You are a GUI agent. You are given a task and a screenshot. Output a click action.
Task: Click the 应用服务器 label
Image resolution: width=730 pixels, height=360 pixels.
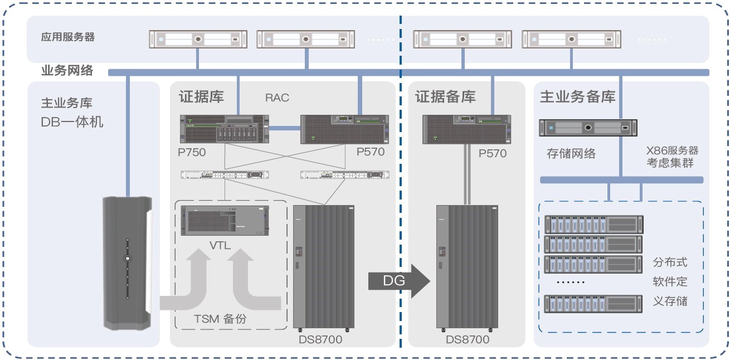[x=68, y=37]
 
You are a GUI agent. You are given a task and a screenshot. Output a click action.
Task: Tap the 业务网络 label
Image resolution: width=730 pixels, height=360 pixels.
[x=67, y=71]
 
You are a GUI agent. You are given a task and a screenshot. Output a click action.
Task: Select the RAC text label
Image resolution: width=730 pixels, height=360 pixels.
[x=277, y=98]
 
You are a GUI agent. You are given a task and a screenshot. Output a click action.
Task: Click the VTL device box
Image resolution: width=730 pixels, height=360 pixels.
[x=223, y=222]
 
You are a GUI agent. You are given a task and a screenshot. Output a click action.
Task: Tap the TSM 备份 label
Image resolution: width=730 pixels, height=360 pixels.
[x=220, y=319]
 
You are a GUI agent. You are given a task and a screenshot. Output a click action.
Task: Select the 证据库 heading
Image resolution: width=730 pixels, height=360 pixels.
[x=201, y=96]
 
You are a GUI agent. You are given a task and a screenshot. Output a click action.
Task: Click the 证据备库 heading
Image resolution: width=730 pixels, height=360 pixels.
[x=445, y=96]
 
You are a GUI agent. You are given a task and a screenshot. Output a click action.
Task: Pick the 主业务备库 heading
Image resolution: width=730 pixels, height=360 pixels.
[x=577, y=96]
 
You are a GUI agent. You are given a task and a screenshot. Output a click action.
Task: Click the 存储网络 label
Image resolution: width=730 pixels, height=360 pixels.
[x=571, y=153]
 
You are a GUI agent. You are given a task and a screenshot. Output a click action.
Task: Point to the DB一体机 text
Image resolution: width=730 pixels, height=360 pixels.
[x=72, y=121]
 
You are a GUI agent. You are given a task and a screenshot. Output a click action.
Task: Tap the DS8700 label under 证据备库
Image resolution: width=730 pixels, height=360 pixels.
[x=468, y=339]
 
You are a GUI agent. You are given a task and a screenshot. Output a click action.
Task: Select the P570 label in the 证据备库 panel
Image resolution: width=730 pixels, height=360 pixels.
[x=493, y=153]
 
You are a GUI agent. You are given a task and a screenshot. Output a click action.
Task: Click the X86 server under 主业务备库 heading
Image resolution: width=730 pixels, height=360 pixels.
[x=588, y=128]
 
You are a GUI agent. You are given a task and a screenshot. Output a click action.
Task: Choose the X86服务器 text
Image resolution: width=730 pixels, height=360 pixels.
[x=672, y=150]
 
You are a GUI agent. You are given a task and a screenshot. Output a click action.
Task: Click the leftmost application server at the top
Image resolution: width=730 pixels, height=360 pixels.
[x=198, y=40]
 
